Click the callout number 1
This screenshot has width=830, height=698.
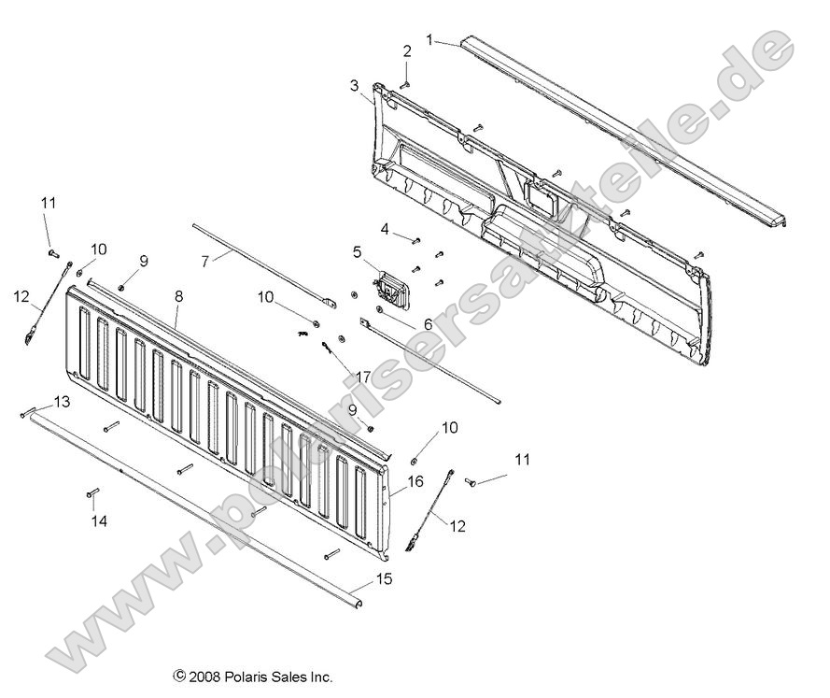(429, 39)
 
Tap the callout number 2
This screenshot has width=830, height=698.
(407, 50)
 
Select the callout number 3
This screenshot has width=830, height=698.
(354, 86)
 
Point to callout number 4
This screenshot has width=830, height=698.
(384, 229)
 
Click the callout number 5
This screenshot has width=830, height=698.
(357, 251)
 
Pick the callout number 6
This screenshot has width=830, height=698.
(427, 323)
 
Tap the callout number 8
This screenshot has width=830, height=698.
(178, 295)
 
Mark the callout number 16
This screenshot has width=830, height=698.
(415, 481)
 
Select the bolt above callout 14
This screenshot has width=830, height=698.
(93, 491)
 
